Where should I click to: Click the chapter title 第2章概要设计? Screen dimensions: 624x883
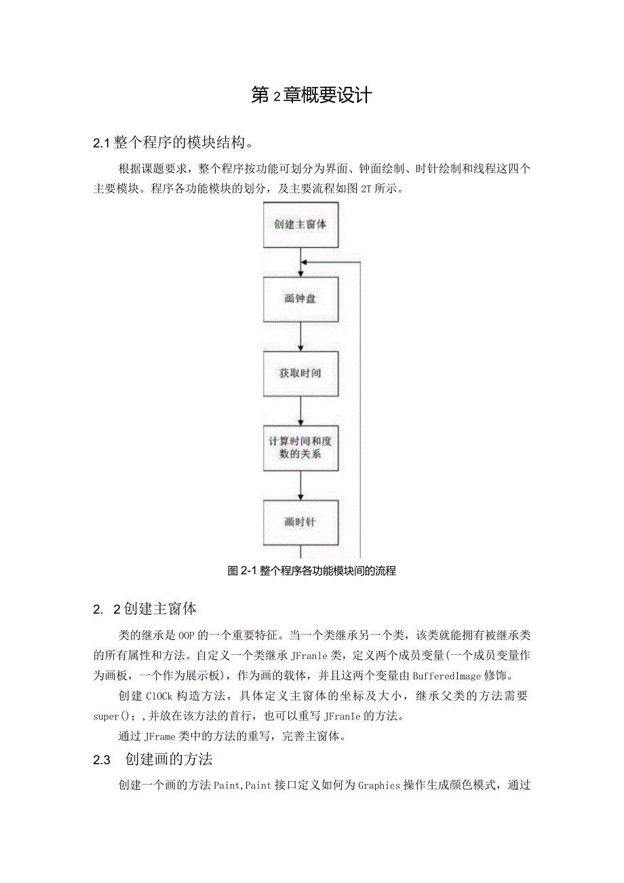(311, 96)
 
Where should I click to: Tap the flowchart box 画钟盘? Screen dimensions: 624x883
(300, 299)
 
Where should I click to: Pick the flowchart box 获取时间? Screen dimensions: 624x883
(300, 373)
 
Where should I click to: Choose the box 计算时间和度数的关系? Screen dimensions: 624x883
(300, 448)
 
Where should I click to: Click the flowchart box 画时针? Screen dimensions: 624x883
(300, 523)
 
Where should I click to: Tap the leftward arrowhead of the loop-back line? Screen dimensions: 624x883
(305, 261)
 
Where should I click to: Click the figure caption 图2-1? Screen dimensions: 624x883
(311, 571)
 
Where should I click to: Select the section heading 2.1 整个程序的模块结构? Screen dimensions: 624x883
(174, 143)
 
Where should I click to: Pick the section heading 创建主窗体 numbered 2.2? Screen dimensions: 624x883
(145, 609)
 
